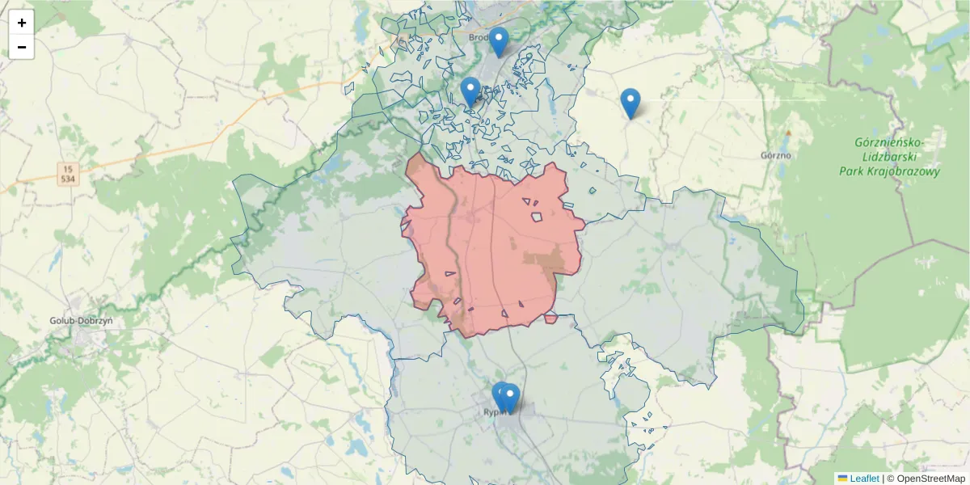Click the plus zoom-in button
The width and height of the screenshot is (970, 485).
point(22,23)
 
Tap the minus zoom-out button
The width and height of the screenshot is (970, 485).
point(22,47)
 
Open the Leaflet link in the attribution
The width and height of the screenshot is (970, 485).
point(863,479)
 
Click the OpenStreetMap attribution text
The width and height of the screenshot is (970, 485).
point(930,479)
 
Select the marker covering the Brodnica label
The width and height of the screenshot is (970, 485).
point(499,40)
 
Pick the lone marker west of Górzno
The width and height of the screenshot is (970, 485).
point(630,103)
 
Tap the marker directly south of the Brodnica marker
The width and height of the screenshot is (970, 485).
point(470,91)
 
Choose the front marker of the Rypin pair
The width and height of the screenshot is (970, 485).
point(509,399)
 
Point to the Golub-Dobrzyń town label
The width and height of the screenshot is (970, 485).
point(81,320)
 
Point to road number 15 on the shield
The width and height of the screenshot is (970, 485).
point(67,168)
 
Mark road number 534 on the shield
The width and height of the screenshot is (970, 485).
point(67,178)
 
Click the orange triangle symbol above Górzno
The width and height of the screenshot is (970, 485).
point(788,132)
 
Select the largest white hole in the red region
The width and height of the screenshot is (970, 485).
point(537,217)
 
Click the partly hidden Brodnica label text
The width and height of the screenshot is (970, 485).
point(480,36)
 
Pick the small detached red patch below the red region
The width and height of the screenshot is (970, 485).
point(550,318)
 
